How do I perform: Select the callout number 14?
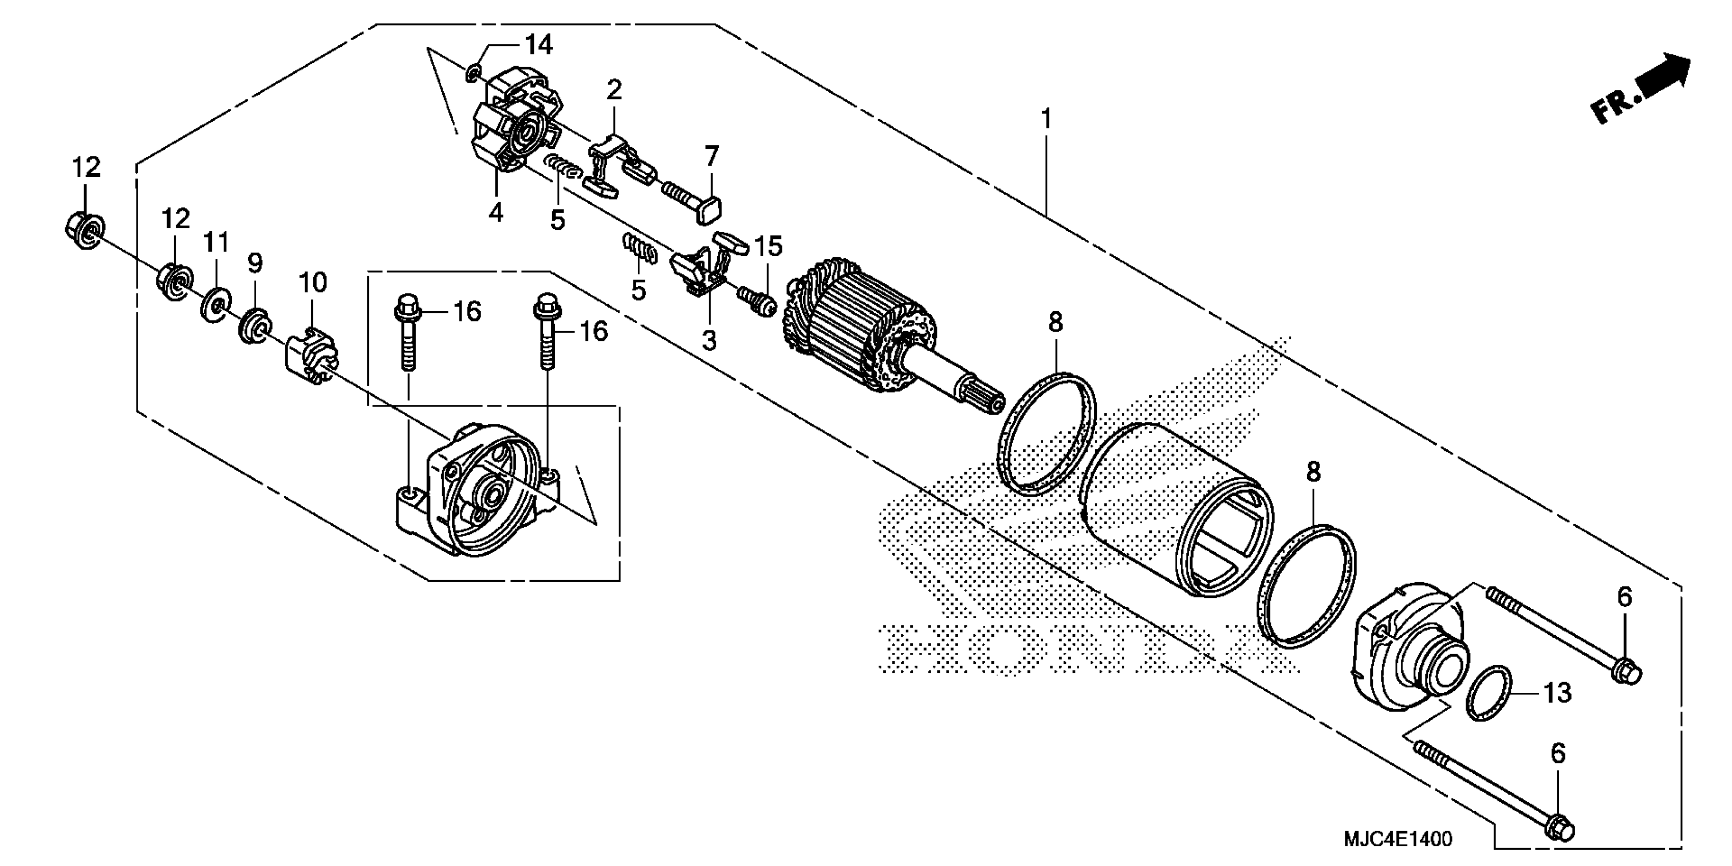point(538,45)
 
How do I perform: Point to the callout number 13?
point(1557,692)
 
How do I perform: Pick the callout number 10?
point(313,283)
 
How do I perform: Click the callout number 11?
point(216,242)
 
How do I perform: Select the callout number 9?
point(255,263)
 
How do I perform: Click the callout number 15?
point(769,247)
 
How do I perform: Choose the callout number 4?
point(496,212)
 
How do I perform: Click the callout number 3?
point(709,341)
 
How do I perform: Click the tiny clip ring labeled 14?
point(473,72)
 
